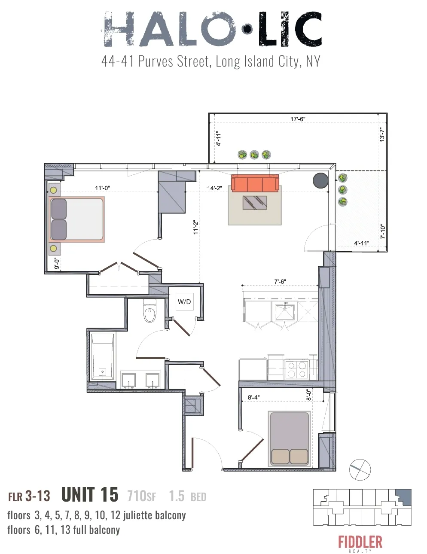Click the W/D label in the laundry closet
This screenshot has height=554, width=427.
(x=184, y=302)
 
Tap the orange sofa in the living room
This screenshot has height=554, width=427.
(x=255, y=183)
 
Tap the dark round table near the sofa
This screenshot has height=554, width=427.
(x=321, y=180)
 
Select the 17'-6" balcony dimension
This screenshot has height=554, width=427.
(x=298, y=119)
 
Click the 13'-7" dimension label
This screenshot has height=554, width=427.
(x=382, y=134)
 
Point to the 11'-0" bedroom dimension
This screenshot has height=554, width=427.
(x=103, y=188)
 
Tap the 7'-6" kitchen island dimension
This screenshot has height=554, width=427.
(x=280, y=282)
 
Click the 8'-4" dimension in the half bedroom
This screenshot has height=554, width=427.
(x=253, y=397)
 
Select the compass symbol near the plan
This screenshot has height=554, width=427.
(x=360, y=469)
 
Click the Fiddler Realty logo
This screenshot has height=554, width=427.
(x=360, y=543)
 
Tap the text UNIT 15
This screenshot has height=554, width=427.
(x=90, y=495)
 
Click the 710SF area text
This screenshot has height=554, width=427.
(x=141, y=496)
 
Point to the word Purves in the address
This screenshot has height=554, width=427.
(x=156, y=61)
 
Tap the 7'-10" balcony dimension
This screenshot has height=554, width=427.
(x=382, y=232)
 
